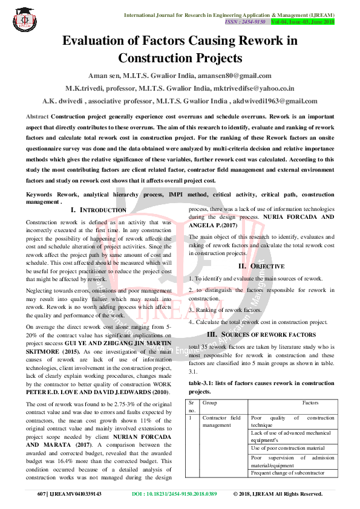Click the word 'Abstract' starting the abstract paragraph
coord(38,115)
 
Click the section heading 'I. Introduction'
coord(99,210)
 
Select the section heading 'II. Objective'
coord(261,266)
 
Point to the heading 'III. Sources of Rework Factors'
coord(261,334)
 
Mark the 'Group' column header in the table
coord(210,402)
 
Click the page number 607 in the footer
coord(42,494)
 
